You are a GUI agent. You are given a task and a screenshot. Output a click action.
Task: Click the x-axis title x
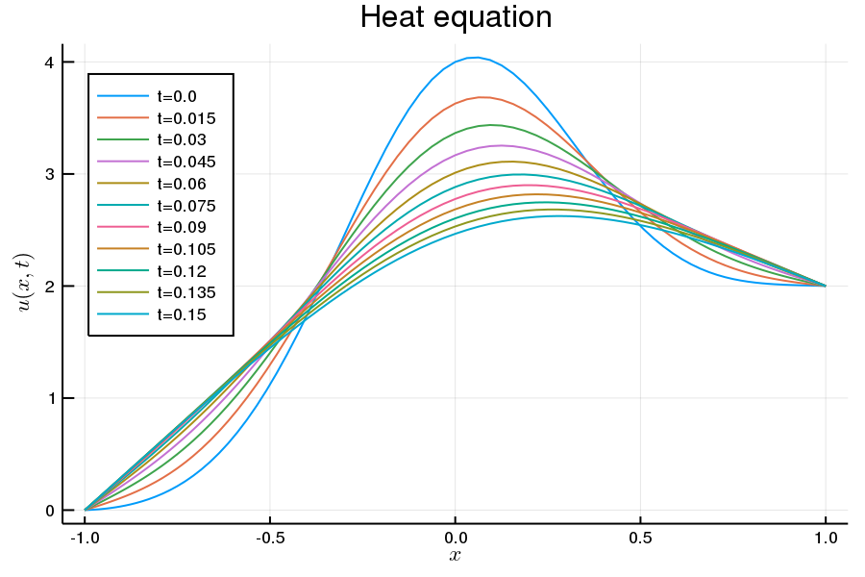tap(455, 556)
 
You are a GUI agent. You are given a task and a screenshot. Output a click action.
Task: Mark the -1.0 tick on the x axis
tap(85, 537)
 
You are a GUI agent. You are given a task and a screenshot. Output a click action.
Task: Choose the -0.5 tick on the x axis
tap(270, 537)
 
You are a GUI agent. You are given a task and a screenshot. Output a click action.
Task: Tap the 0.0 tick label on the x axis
tap(456, 537)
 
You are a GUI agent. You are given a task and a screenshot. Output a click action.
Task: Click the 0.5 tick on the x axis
tap(640, 537)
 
